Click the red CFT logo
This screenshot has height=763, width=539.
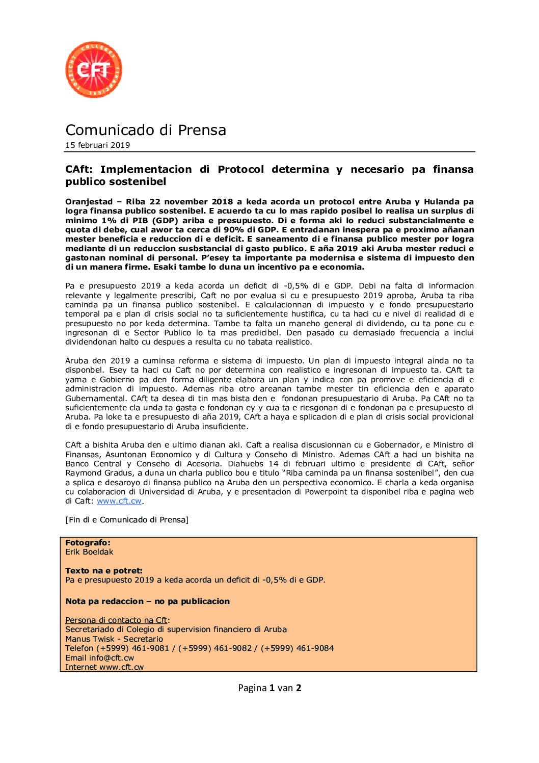(93, 70)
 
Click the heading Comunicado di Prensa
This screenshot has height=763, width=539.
(146, 130)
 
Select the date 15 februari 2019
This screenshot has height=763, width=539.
(97, 145)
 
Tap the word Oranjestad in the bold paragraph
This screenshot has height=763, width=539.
(89, 202)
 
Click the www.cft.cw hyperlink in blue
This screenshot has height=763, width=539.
(119, 501)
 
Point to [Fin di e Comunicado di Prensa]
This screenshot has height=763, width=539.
(127, 520)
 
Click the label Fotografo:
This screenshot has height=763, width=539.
(88, 543)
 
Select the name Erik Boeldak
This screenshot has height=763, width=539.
(89, 552)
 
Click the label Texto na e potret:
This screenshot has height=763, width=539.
(104, 571)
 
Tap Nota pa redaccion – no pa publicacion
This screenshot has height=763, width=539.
(147, 601)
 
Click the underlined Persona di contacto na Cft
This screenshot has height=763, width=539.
(116, 620)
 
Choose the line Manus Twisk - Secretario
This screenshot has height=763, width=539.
(114, 639)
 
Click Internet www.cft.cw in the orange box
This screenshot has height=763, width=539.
(104, 667)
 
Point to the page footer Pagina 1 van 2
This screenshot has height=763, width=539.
(269, 688)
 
